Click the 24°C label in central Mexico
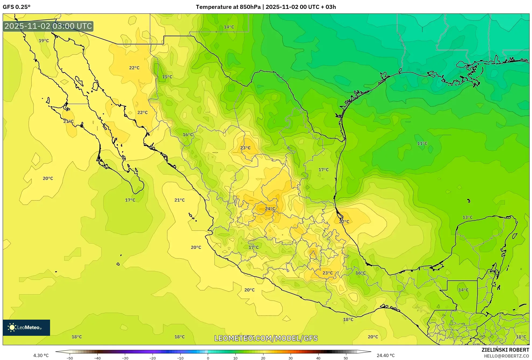pyautogui.click(x=270, y=209)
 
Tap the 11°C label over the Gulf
pyautogui.click(x=422, y=143)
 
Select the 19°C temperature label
pyautogui.click(x=44, y=41)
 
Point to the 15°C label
pyautogui.click(x=167, y=77)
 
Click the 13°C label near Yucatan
pyautogui.click(x=467, y=217)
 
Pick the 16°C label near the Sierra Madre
pyautogui.click(x=188, y=135)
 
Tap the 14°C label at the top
pyautogui.click(x=229, y=27)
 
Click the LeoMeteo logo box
pyautogui.click(x=26, y=327)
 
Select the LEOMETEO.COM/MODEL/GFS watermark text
pyautogui.click(x=266, y=338)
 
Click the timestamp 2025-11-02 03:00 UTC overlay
pyautogui.click(x=48, y=26)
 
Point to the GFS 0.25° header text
pyautogui.click(x=17, y=7)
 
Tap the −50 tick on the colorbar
pyautogui.click(x=70, y=358)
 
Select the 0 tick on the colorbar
pyautogui.click(x=208, y=358)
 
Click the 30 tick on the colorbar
pyautogui.click(x=291, y=358)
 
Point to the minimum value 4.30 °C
pyautogui.click(x=41, y=355)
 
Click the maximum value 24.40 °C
pyautogui.click(x=386, y=355)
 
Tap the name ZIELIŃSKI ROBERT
pyautogui.click(x=505, y=350)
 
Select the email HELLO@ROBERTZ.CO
pyautogui.click(x=506, y=356)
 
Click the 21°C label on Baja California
pyautogui.click(x=68, y=121)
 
